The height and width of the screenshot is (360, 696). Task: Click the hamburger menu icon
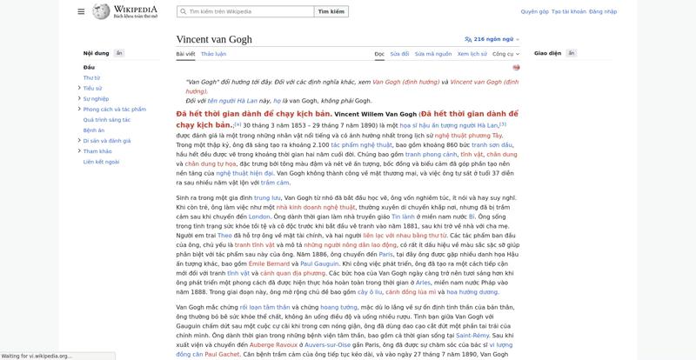coord(81,12)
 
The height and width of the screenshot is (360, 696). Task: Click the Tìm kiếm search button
coord(331,12)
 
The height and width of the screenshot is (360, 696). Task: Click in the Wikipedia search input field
coord(248,12)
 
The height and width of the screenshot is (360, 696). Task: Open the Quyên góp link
coord(534,12)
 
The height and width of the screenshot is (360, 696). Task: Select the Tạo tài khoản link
coord(568,12)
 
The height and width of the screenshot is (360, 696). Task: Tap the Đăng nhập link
coord(603,12)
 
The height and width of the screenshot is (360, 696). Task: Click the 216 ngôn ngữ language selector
coord(492,39)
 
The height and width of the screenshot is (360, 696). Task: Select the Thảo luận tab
coord(213,54)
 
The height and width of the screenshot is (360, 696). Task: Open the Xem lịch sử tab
coord(472,54)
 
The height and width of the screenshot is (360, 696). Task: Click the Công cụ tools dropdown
coord(505,54)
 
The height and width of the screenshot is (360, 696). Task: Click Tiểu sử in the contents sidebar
coord(93,88)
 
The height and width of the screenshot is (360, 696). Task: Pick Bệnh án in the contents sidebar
coord(94,130)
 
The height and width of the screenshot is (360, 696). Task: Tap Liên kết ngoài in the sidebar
coord(100,162)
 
